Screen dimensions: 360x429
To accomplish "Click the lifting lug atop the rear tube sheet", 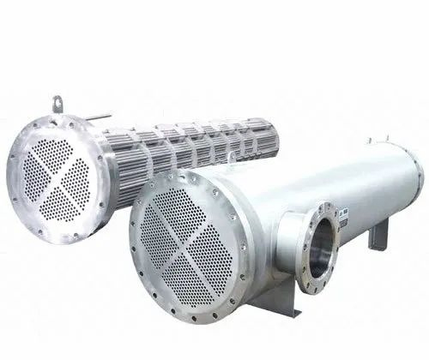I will (58, 105).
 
